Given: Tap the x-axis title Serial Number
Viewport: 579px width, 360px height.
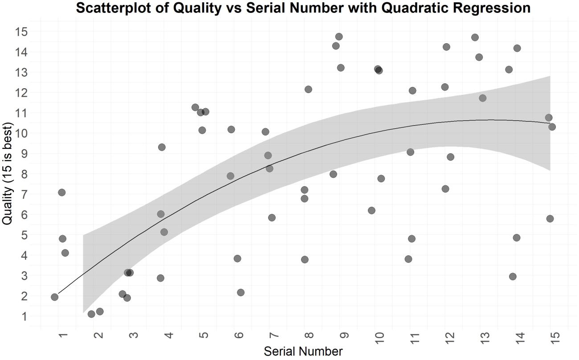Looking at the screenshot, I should pyautogui.click(x=303, y=351).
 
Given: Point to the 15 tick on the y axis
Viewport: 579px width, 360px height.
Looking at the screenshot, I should pyautogui.click(x=20, y=32).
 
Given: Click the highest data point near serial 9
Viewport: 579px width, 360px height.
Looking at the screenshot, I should pyautogui.click(x=339, y=37).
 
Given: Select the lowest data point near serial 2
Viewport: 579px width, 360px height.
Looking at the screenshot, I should pyautogui.click(x=91, y=314).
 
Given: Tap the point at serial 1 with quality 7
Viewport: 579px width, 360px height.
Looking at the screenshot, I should pyautogui.click(x=62, y=192).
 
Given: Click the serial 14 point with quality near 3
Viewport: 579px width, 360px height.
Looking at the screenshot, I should pyautogui.click(x=513, y=277).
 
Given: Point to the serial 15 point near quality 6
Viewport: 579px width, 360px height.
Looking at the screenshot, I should pyautogui.click(x=550, y=219).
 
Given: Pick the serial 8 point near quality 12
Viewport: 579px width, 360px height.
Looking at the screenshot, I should pyautogui.click(x=308, y=90).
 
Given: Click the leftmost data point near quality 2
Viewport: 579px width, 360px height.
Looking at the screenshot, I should pyautogui.click(x=55, y=297).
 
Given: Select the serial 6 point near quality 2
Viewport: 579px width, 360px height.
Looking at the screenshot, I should pyautogui.click(x=241, y=293).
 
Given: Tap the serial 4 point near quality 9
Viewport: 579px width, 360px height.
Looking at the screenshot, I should pyautogui.click(x=162, y=147).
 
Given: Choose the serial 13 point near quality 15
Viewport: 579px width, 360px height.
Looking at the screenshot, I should pyautogui.click(x=475, y=37).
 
